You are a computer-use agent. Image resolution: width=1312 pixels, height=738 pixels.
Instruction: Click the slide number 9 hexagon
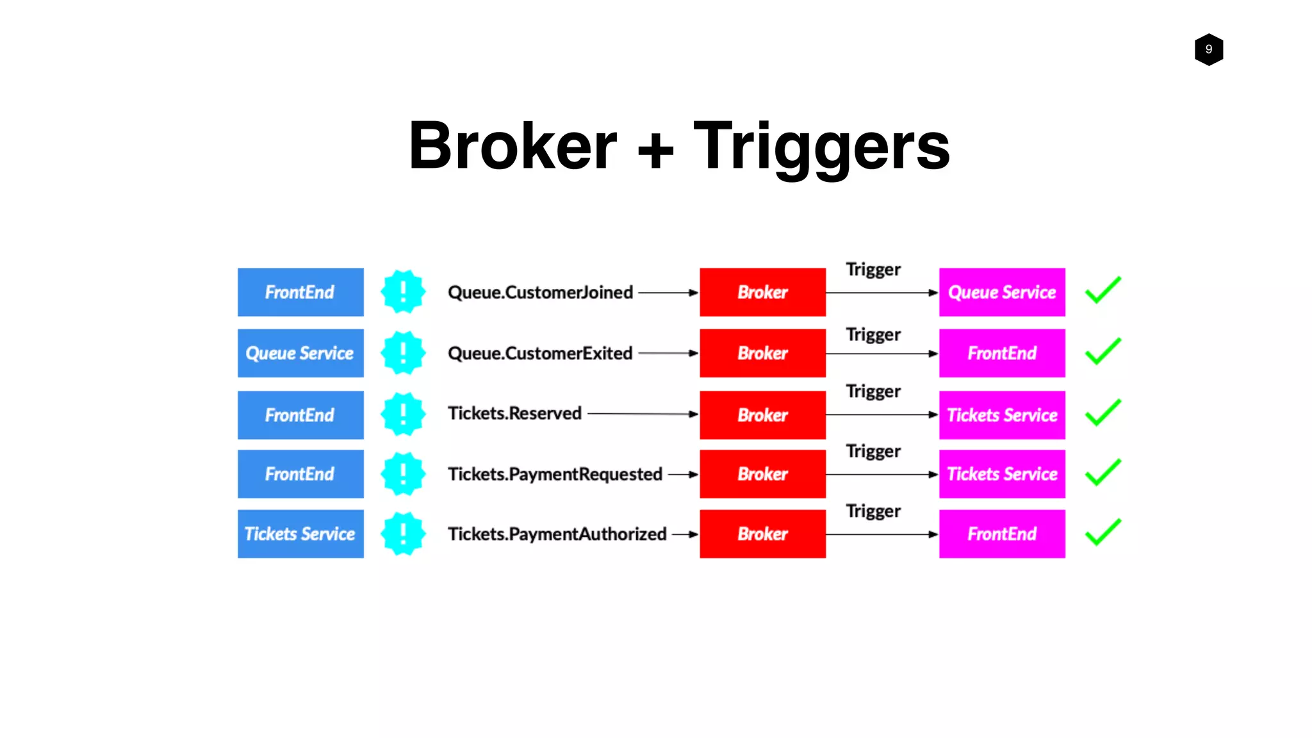[1208, 49]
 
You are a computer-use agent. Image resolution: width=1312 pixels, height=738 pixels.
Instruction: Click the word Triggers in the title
[821, 147]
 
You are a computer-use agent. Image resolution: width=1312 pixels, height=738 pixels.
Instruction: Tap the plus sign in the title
[655, 151]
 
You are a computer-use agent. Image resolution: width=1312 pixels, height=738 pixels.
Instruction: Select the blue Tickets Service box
[300, 534]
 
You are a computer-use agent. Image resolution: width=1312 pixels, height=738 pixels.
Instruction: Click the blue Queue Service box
[300, 353]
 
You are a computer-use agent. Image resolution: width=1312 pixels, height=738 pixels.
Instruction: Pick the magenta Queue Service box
[1002, 292]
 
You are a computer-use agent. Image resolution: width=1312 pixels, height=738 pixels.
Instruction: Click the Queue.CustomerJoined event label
[540, 292]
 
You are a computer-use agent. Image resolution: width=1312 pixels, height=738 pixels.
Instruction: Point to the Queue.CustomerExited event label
[540, 353]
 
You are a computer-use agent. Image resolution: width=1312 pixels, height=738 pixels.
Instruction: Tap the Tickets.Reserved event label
[514, 413]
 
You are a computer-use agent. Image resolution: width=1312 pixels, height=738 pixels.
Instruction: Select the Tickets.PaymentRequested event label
[555, 474]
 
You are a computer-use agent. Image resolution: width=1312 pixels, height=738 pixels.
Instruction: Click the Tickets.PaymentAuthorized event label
[557, 534]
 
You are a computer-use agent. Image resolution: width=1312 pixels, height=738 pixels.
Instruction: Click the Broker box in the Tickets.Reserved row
[762, 414]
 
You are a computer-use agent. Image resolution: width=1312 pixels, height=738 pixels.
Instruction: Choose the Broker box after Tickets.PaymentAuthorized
[762, 534]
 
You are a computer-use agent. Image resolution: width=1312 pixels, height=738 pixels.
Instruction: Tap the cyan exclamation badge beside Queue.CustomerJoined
[403, 292]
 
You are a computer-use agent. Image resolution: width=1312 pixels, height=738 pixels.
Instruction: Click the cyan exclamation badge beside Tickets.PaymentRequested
[403, 474]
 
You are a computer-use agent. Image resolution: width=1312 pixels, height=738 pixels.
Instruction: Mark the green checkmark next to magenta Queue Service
[1103, 290]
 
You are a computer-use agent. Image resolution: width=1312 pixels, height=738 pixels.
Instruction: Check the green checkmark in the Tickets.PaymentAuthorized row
[1103, 532]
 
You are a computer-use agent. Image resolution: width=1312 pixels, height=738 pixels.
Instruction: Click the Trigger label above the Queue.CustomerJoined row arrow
[873, 269]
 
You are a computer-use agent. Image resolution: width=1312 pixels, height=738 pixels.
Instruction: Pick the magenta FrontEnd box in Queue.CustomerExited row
[1002, 353]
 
